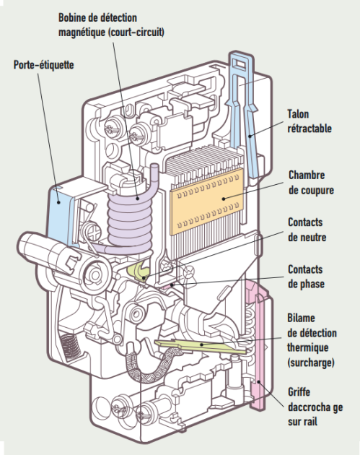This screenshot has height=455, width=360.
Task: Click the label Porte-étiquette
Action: point(44,65)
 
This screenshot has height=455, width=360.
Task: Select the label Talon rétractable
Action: point(309,121)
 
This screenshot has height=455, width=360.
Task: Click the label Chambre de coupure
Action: point(311,183)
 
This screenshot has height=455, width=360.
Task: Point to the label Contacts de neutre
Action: point(307,230)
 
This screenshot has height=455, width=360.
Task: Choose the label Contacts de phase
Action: point(306,277)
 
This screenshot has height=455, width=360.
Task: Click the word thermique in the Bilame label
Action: point(307,347)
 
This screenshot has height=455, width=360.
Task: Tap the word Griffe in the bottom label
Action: point(299,392)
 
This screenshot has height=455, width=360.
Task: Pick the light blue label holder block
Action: point(61,214)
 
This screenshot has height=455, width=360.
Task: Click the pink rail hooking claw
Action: point(258,342)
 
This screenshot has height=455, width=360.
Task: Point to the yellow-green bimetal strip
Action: point(200,345)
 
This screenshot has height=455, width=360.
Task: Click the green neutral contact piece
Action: point(139,272)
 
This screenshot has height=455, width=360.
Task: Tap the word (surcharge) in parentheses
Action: point(311,363)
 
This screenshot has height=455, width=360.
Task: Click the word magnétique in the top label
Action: point(82,32)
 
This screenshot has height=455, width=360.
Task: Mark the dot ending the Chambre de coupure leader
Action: point(224,199)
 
